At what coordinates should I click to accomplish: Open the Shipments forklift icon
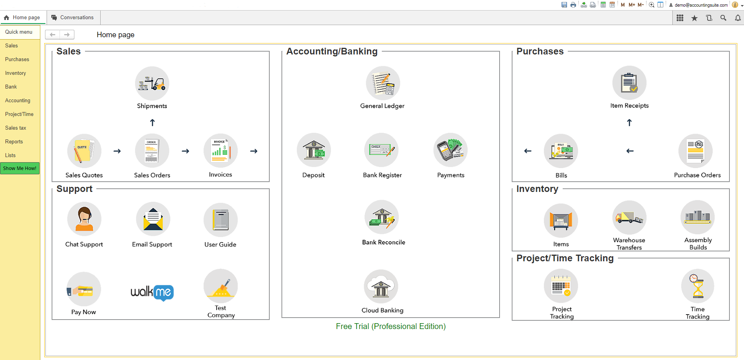pyautogui.click(x=152, y=83)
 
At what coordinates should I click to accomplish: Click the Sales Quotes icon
pyautogui.click(x=84, y=151)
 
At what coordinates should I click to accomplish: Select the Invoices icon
pyautogui.click(x=220, y=151)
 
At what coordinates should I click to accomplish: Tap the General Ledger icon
pyautogui.click(x=383, y=83)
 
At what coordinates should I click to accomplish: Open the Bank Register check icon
pyautogui.click(x=382, y=150)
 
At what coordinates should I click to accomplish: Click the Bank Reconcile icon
pyautogui.click(x=382, y=217)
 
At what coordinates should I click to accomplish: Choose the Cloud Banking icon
pyautogui.click(x=381, y=286)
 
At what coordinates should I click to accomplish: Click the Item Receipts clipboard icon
pyautogui.click(x=629, y=83)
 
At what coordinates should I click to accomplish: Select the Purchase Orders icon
pyautogui.click(x=695, y=151)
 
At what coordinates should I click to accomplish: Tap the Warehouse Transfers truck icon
pyautogui.click(x=629, y=217)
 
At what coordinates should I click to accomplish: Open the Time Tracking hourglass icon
pyautogui.click(x=697, y=286)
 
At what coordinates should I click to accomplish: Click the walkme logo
pyautogui.click(x=152, y=292)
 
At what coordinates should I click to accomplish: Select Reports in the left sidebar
pyautogui.click(x=14, y=141)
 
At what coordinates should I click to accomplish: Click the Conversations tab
pyautogui.click(x=73, y=18)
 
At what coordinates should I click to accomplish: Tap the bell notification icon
pyautogui.click(x=738, y=18)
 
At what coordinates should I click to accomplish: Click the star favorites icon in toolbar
pyautogui.click(x=694, y=18)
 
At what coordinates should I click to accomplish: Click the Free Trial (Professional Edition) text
pyautogui.click(x=391, y=326)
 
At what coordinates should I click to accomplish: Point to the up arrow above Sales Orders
pyautogui.click(x=152, y=123)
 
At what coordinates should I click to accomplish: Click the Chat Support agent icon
pyautogui.click(x=84, y=219)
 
